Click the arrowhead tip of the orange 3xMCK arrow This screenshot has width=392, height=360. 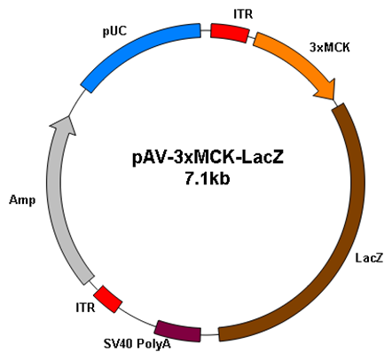[x=334, y=100]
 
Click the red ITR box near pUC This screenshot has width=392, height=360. [x=230, y=33]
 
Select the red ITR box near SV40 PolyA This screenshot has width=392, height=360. [x=107, y=299]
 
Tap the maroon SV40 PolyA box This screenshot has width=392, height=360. [x=178, y=331]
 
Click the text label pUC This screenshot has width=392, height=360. [x=114, y=31]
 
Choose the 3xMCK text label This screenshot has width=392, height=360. [x=329, y=47]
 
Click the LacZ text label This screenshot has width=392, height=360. [x=369, y=258]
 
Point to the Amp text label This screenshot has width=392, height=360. [x=22, y=200]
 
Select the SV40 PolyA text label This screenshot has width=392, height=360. [x=137, y=344]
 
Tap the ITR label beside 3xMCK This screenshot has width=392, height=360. [x=243, y=14]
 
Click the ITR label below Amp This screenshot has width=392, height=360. [x=85, y=308]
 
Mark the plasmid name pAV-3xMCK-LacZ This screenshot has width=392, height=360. [x=208, y=157]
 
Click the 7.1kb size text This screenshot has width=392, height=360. [x=208, y=178]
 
